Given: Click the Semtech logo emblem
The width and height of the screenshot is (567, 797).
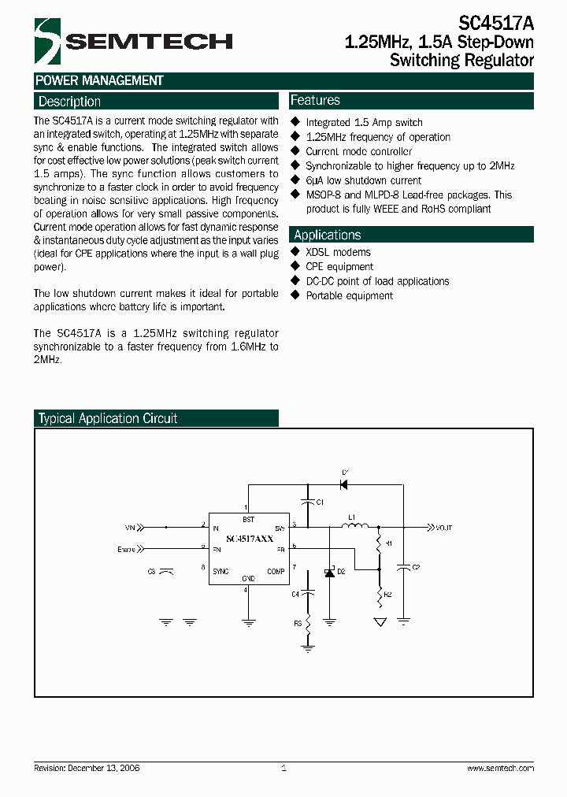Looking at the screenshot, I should pyautogui.click(x=48, y=42).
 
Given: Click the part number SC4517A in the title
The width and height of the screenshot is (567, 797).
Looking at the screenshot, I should pyautogui.click(x=497, y=24).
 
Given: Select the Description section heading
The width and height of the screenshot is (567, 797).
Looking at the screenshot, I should pyautogui.click(x=69, y=102).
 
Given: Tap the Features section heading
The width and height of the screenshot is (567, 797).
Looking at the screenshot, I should pyautogui.click(x=315, y=100).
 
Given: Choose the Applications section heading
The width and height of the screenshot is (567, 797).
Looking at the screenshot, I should pyautogui.click(x=327, y=235).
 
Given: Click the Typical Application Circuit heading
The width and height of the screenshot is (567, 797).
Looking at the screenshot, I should pyautogui.click(x=108, y=418).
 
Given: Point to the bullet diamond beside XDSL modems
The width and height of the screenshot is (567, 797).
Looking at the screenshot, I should pyautogui.click(x=295, y=252).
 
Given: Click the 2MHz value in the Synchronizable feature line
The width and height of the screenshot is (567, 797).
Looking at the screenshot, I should pyautogui.click(x=502, y=166).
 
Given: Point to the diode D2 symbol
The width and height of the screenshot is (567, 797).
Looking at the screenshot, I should pyautogui.click(x=330, y=573).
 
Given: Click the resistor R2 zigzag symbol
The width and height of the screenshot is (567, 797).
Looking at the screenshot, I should pyautogui.click(x=379, y=595).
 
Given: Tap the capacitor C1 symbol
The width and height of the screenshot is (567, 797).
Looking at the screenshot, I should pyautogui.click(x=307, y=501).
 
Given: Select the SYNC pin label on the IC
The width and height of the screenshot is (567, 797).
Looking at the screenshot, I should pyautogui.click(x=220, y=571).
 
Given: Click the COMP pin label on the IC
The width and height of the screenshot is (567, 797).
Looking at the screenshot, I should pyautogui.click(x=276, y=571).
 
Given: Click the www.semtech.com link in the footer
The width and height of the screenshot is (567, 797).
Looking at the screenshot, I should pyautogui.click(x=500, y=768).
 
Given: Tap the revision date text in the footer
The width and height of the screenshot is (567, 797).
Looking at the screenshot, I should pyautogui.click(x=87, y=768).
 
